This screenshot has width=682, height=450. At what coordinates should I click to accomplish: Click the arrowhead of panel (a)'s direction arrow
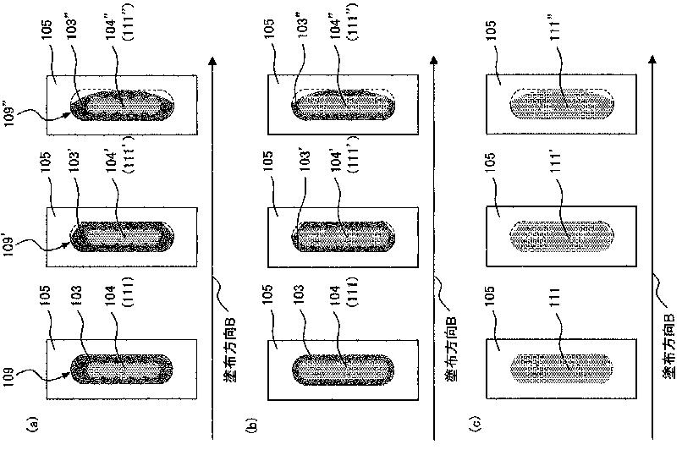pos(212,61)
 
